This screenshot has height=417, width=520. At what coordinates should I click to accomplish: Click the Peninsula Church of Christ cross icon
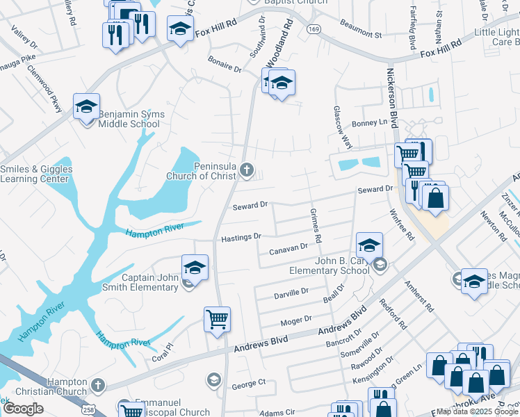pyautogui.click(x=246, y=170)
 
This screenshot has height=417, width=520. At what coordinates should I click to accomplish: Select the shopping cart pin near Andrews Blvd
pyautogui.click(x=217, y=320)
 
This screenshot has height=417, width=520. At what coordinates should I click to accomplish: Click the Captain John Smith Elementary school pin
pyautogui.click(x=195, y=268)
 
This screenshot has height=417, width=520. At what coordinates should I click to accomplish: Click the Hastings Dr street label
pyautogui.click(x=241, y=238)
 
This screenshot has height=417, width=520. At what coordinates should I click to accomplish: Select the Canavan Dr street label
pyautogui.click(x=289, y=247)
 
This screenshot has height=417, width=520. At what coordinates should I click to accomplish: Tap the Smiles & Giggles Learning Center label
pyautogui.click(x=36, y=174)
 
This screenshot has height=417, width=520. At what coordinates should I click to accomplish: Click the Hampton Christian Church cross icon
pyautogui.click(x=99, y=384)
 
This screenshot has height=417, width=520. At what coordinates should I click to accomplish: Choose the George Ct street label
pyautogui.click(x=249, y=383)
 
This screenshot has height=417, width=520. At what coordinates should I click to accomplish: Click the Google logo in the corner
pyautogui.click(x=23, y=408)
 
